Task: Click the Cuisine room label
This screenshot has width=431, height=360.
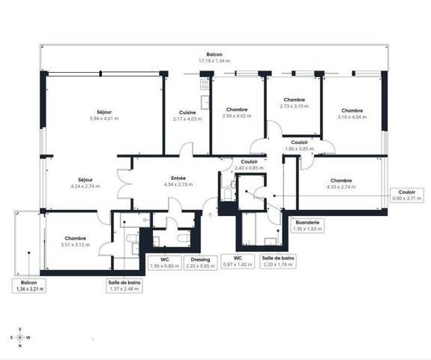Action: coord(187,112)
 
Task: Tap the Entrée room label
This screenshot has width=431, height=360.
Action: coord(178,178)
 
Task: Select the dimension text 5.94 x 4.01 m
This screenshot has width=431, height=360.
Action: coord(104,118)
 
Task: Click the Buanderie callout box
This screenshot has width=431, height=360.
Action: coord(307,226)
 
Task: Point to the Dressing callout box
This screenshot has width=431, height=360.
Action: coord(200,263)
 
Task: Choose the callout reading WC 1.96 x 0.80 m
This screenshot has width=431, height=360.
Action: coord(165,263)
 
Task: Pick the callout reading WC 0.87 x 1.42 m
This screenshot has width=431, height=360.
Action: coord(238,261)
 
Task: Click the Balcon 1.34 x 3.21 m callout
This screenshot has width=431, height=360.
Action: coord(29,286)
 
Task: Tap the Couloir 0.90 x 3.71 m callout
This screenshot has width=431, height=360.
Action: coord(407,195)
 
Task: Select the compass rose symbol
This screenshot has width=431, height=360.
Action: coord(20,337)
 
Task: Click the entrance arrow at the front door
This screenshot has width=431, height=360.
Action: coord(211,214)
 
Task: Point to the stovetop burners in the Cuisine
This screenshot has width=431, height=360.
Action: coord(205,84)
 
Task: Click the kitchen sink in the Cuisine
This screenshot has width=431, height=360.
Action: coord(205,102)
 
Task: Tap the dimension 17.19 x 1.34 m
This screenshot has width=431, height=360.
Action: coord(214,61)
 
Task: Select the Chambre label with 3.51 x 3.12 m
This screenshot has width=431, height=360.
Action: coord(75,238)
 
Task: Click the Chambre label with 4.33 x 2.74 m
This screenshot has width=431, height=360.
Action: coord(341,181)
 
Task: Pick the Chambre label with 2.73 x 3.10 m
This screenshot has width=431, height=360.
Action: coord(294,100)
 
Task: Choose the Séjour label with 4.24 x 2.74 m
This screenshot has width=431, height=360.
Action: coord(85,180)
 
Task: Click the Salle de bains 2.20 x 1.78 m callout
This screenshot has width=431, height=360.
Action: coord(278,261)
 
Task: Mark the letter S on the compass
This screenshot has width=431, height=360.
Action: coord(20,329)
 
